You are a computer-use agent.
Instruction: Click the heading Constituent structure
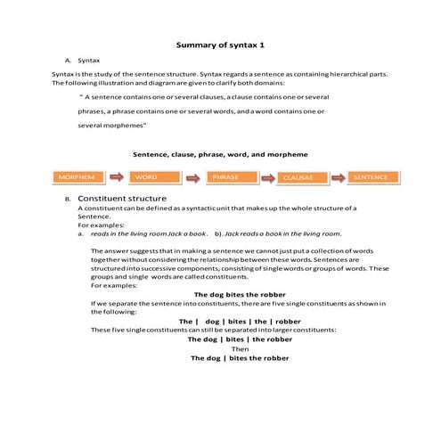pyautogui.click(x=121, y=198)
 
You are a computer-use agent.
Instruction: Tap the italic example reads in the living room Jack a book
pyautogui.click(x=149, y=233)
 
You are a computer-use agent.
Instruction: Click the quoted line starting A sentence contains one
pyautogui.click(x=205, y=95)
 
